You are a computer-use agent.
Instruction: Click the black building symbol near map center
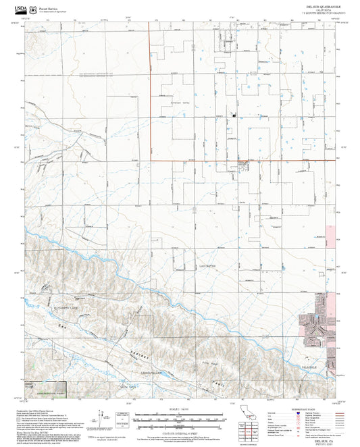[234, 115]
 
